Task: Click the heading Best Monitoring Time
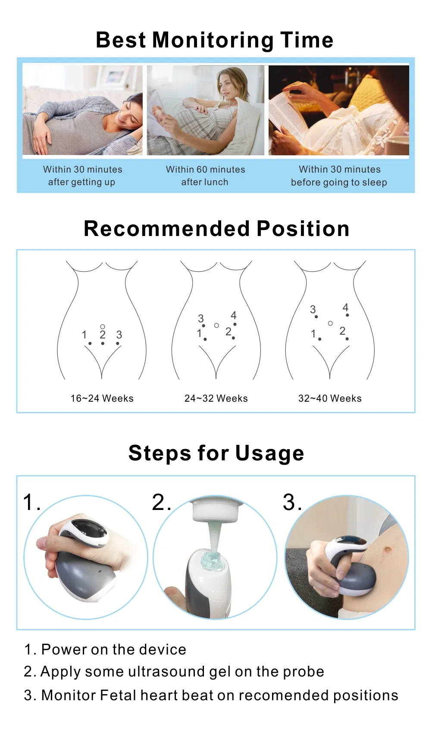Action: (x=214, y=40)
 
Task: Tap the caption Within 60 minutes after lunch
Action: (x=205, y=176)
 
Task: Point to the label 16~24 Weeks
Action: (x=102, y=398)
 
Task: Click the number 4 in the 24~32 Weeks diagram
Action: (x=234, y=315)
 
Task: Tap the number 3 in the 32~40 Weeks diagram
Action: (x=313, y=309)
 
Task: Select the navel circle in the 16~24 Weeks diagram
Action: (x=103, y=327)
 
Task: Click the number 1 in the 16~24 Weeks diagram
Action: (x=85, y=334)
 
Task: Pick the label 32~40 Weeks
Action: (x=330, y=398)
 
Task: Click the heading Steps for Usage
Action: (x=216, y=453)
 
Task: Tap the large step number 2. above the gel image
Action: (x=161, y=503)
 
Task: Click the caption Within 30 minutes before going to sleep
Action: (x=339, y=176)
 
